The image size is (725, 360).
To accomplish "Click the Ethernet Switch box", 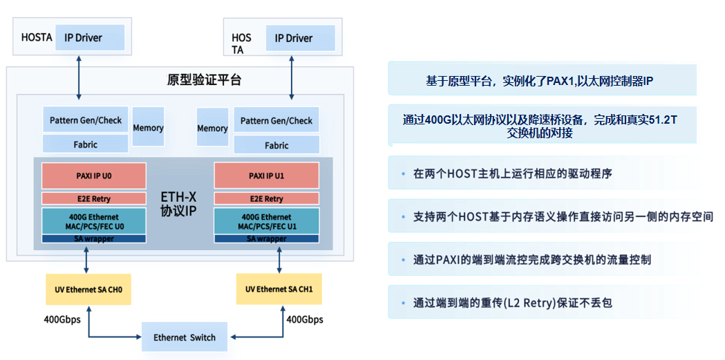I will tap(184, 337).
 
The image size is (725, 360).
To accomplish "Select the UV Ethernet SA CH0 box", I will tap(88, 290).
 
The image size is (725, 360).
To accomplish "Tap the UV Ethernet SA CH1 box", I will tap(279, 290).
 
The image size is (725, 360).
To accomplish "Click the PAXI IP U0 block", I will tap(93, 176).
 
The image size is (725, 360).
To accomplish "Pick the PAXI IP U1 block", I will tap(266, 176).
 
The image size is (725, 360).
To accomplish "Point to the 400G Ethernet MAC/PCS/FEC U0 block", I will tap(93, 221).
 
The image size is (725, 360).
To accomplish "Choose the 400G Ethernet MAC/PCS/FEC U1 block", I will tap(266, 221).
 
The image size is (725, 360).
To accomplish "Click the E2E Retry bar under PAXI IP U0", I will tap(93, 198).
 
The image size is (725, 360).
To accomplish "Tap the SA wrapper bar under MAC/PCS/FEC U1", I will tap(266, 239).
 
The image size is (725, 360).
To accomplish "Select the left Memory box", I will tap(148, 127).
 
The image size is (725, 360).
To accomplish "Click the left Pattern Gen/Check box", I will tap(85, 120).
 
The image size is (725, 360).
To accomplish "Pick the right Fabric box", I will tap(276, 145).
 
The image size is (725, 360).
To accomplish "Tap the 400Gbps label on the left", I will tap(62, 319).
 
